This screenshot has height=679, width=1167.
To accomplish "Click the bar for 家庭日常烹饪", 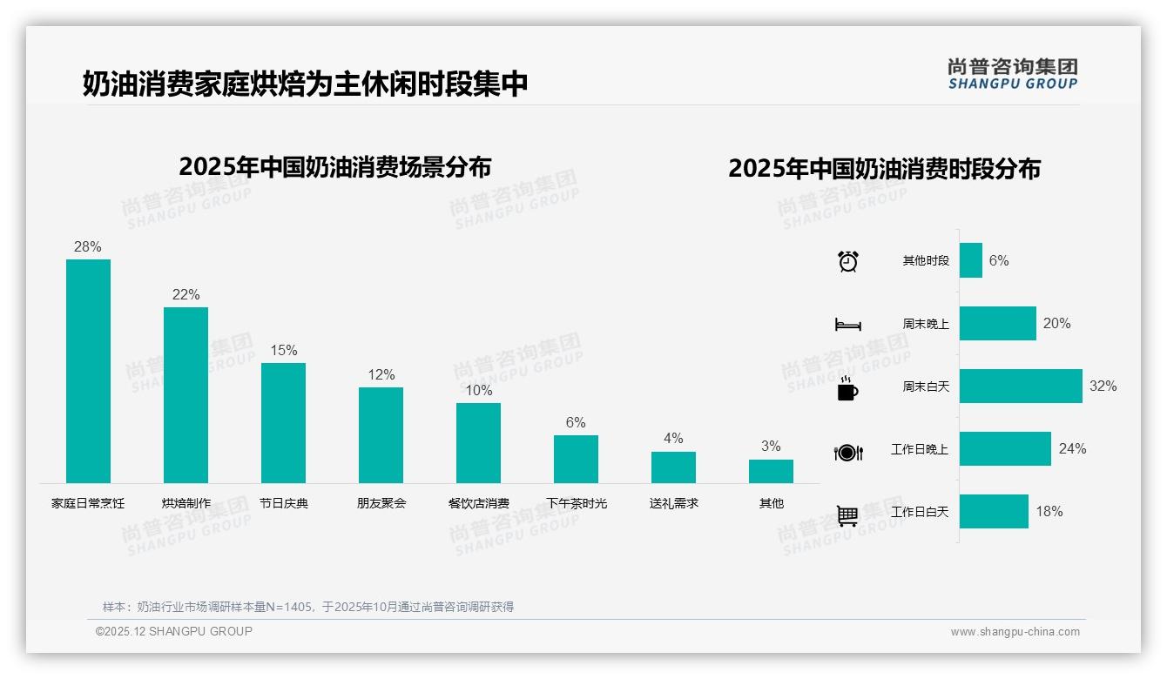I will click(88, 371).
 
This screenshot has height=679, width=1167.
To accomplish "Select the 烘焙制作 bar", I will click(186, 394).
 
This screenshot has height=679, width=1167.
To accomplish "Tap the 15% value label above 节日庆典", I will click(283, 350).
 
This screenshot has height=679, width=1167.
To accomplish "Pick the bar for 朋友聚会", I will click(381, 434).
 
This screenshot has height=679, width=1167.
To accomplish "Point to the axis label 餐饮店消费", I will click(478, 503).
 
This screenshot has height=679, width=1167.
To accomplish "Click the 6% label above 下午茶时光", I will click(576, 422).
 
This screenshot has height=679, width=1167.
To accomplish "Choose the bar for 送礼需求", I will click(673, 467).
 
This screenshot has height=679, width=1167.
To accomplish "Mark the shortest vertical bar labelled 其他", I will click(771, 471).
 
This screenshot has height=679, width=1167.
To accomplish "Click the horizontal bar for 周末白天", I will click(1021, 386).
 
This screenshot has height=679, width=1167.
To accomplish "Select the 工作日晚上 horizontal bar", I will click(1005, 448).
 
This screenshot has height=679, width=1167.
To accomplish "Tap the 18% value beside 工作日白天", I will click(1049, 511).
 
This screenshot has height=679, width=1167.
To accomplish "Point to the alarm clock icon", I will click(848, 260).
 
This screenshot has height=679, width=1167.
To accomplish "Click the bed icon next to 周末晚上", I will click(847, 324).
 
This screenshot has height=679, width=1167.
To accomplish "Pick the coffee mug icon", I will click(847, 388).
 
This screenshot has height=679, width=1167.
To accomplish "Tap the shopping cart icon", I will click(847, 515).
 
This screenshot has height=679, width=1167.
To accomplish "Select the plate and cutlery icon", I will click(848, 452).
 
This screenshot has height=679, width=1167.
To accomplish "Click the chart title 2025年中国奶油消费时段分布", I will click(884, 168).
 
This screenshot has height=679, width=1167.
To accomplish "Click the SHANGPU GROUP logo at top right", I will click(1012, 73).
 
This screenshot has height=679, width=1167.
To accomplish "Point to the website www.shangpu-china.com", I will click(1015, 632).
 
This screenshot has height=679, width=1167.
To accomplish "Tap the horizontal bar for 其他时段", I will click(971, 260).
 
